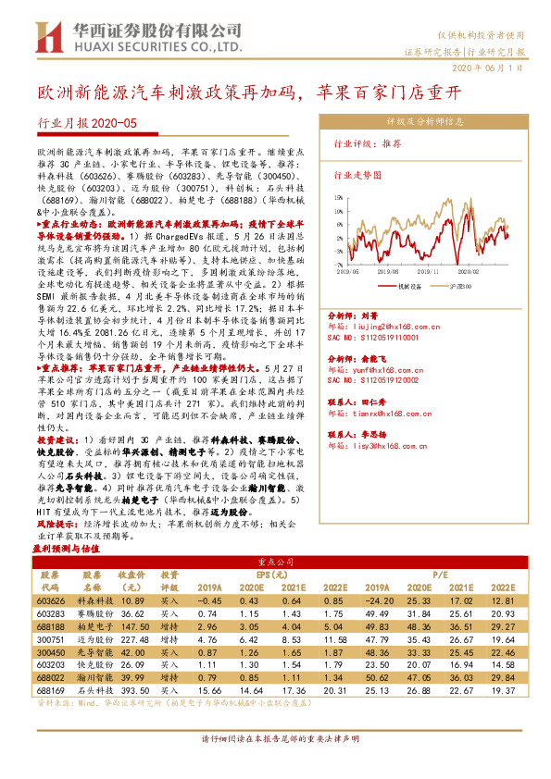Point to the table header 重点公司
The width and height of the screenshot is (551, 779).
275,561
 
